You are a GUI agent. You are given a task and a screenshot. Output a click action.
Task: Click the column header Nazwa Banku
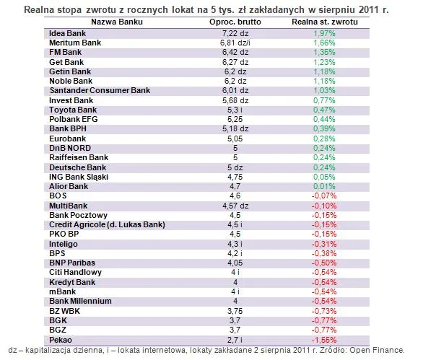pyautogui.click(x=117, y=22)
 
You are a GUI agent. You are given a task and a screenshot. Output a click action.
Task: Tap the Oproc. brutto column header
pyautogui.click(x=235, y=22)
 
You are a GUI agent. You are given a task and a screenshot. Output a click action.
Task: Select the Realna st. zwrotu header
pyautogui.click(x=325, y=22)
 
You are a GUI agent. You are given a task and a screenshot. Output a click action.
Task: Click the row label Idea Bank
pyautogui.click(x=67, y=33)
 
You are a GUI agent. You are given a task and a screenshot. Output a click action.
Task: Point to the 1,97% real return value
pyautogui.click(x=324, y=33)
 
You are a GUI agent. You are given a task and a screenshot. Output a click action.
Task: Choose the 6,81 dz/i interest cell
pyautogui.click(x=235, y=43)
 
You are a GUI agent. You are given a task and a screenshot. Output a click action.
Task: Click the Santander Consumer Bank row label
pyautogui.click(x=100, y=90)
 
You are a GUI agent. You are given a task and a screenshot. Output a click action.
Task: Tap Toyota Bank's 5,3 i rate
pyautogui.click(x=235, y=110)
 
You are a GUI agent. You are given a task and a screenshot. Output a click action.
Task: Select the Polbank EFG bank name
pyautogui.click(x=74, y=119)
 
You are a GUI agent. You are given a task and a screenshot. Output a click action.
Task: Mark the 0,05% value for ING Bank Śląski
pyautogui.click(x=324, y=177)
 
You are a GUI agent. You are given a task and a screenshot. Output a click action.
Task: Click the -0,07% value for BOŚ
pyautogui.click(x=324, y=196)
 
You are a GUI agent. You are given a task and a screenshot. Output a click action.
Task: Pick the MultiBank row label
pyautogui.click(x=69, y=206)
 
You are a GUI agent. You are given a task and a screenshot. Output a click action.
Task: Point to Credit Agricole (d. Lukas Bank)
pyautogui.click(x=107, y=224)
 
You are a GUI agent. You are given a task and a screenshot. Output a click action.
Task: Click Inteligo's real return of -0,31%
pyautogui.click(x=324, y=244)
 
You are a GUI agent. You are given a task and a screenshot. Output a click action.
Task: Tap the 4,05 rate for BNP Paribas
pyautogui.click(x=235, y=263)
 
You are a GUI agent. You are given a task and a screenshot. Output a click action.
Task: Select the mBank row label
pyautogui.click(x=63, y=291)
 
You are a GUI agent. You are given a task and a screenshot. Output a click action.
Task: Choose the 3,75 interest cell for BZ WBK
pyautogui.click(x=235, y=311)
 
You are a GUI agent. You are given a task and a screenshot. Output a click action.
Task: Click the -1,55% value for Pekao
pyautogui.click(x=324, y=340)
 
